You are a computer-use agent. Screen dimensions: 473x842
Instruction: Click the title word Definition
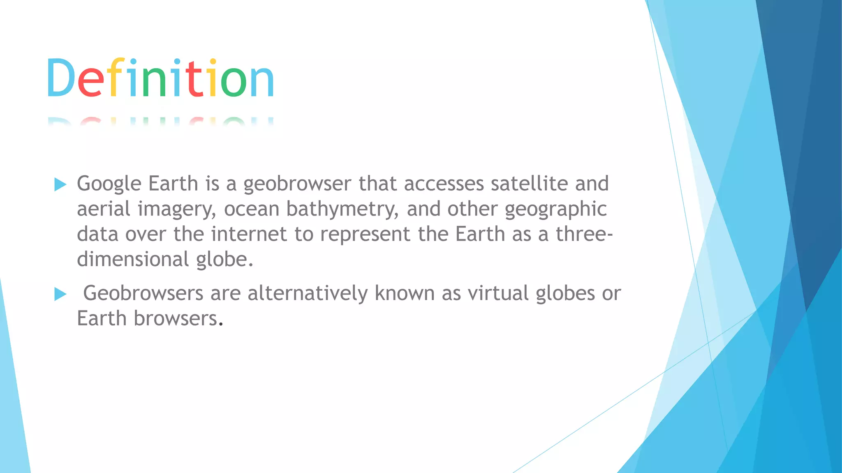[160, 78]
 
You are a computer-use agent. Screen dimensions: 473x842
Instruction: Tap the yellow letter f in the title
[117, 78]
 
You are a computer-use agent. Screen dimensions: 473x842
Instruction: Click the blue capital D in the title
[60, 78]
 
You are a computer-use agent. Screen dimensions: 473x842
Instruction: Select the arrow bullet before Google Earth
[60, 184]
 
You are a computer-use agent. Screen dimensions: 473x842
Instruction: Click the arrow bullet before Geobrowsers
[60, 294]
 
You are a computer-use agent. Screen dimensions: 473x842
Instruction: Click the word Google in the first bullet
[109, 184]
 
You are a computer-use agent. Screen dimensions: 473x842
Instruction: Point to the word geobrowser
[297, 184]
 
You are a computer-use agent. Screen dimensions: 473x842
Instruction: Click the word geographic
[555, 209]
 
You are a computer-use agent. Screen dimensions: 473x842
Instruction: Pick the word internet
[249, 234]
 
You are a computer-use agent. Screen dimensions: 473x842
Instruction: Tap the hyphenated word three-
[584, 234]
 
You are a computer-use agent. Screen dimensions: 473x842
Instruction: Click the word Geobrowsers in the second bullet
[143, 294]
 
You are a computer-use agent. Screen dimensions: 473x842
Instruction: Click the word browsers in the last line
[176, 319]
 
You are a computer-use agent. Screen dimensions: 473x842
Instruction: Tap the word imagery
[177, 209]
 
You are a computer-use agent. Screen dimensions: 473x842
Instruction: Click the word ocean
[252, 209]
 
